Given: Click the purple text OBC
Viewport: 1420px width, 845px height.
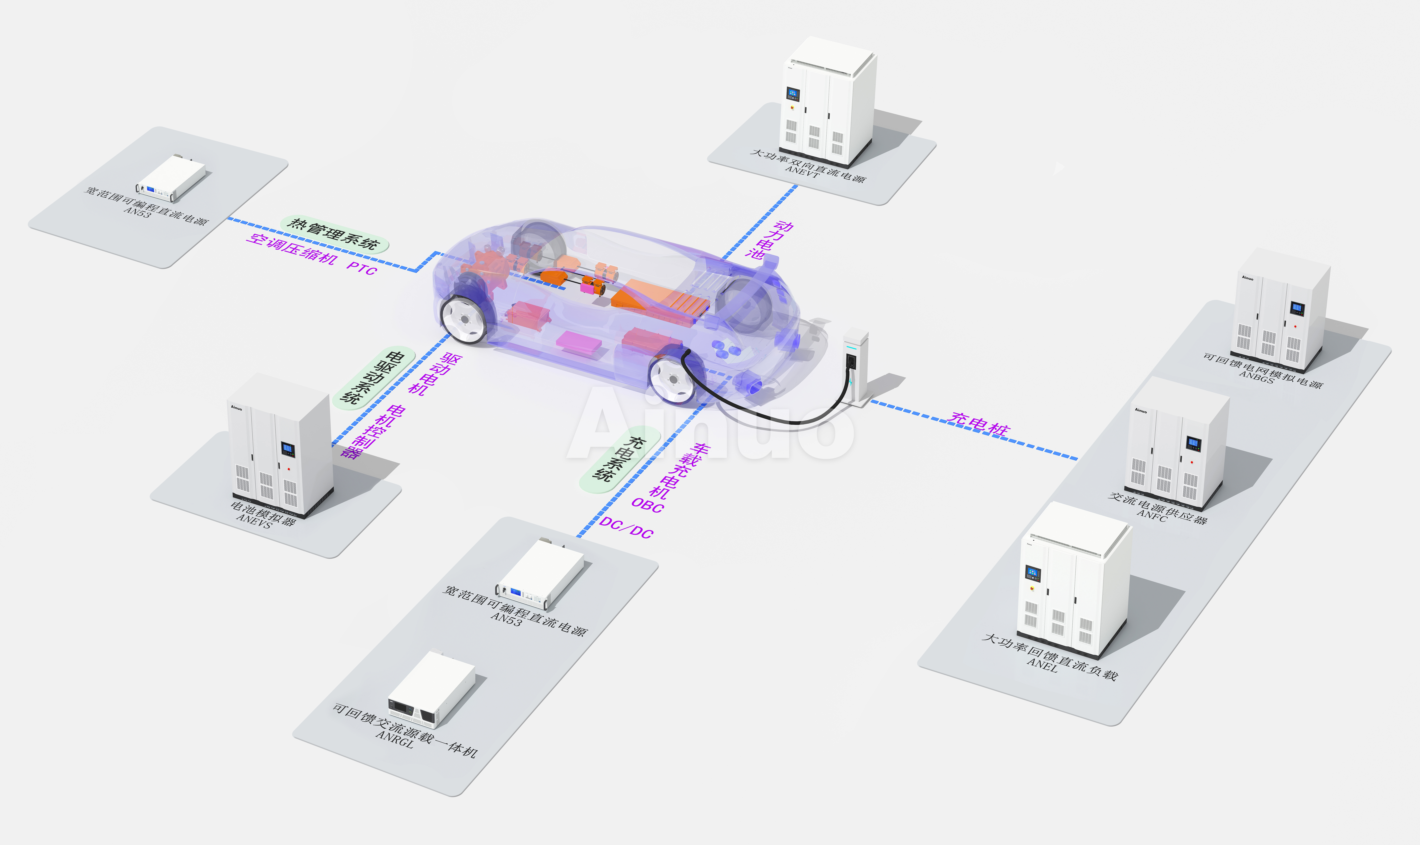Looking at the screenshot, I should tap(648, 505).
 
